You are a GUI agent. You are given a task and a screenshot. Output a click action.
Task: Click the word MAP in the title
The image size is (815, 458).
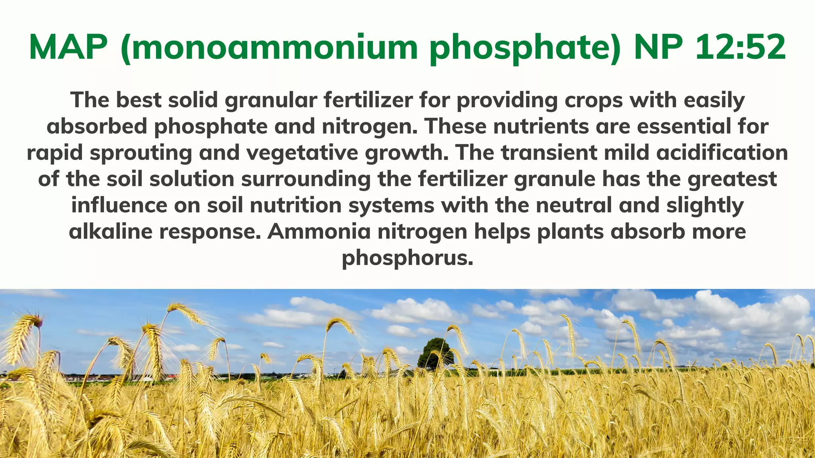(68, 47)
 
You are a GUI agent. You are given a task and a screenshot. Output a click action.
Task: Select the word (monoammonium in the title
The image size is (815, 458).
(268, 47)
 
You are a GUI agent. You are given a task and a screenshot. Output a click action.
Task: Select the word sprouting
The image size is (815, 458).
(141, 153)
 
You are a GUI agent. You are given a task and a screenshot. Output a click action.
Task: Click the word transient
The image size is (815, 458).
(549, 153)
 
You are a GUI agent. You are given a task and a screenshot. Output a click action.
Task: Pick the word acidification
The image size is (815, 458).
(722, 153)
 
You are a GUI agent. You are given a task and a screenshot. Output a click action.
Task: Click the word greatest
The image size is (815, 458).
(732, 179)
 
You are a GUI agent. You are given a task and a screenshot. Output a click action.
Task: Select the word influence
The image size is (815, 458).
(119, 206)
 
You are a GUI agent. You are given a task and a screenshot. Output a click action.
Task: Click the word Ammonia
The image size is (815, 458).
(319, 232)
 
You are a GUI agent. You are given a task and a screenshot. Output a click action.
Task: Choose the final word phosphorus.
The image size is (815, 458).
(407, 258)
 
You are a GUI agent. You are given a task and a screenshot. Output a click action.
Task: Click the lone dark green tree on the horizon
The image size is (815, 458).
(436, 352)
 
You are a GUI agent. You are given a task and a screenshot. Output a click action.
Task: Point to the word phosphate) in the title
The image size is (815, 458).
(525, 47)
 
